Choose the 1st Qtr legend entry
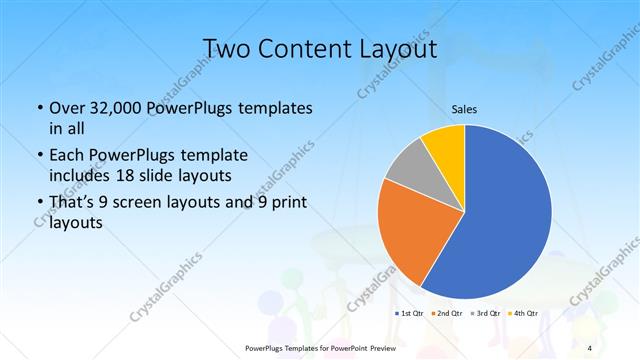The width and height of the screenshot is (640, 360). pos(410,314)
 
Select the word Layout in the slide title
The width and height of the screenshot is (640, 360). pos(394,49)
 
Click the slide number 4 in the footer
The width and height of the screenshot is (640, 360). pos(588,348)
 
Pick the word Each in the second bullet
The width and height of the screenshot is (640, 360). pos(67,156)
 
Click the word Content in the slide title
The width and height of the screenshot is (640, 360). pos(307,49)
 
